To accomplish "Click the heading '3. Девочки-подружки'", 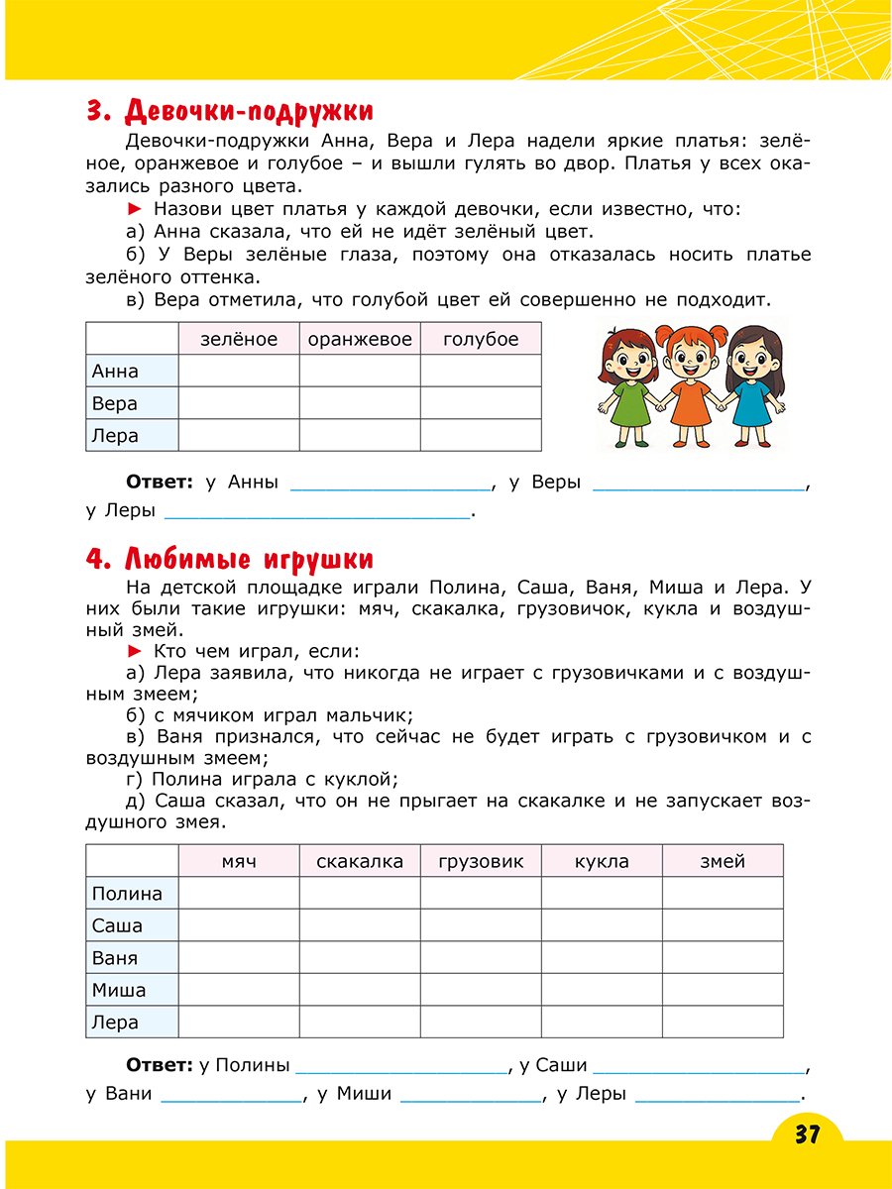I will click(x=229, y=110).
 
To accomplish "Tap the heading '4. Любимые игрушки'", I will click(x=229, y=559).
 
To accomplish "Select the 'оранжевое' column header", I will click(x=360, y=339).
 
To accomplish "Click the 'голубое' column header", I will click(x=481, y=339).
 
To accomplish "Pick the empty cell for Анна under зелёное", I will click(x=239, y=372).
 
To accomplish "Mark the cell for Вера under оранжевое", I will click(x=360, y=403).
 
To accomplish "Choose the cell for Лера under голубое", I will click(x=481, y=435).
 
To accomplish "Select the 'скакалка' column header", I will click(x=360, y=861).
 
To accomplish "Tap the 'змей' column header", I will click(x=723, y=861).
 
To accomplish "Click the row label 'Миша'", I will click(x=119, y=990).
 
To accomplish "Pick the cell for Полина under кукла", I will click(x=602, y=894).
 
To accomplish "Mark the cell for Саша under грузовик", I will click(x=481, y=925).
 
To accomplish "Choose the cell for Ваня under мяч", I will click(x=239, y=958).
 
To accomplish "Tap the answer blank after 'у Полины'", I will click(x=400, y=1066).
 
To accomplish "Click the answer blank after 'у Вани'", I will click(x=231, y=1095).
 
